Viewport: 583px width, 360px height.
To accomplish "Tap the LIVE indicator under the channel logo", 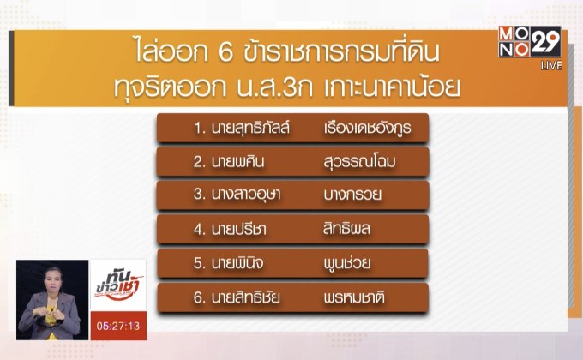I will (550, 66).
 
